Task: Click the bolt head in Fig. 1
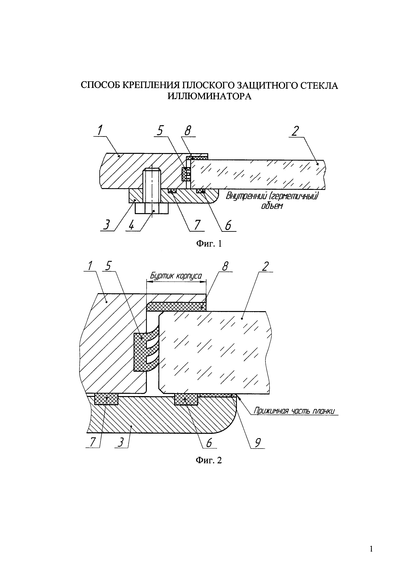152,208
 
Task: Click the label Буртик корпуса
176,276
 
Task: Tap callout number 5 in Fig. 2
108,266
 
